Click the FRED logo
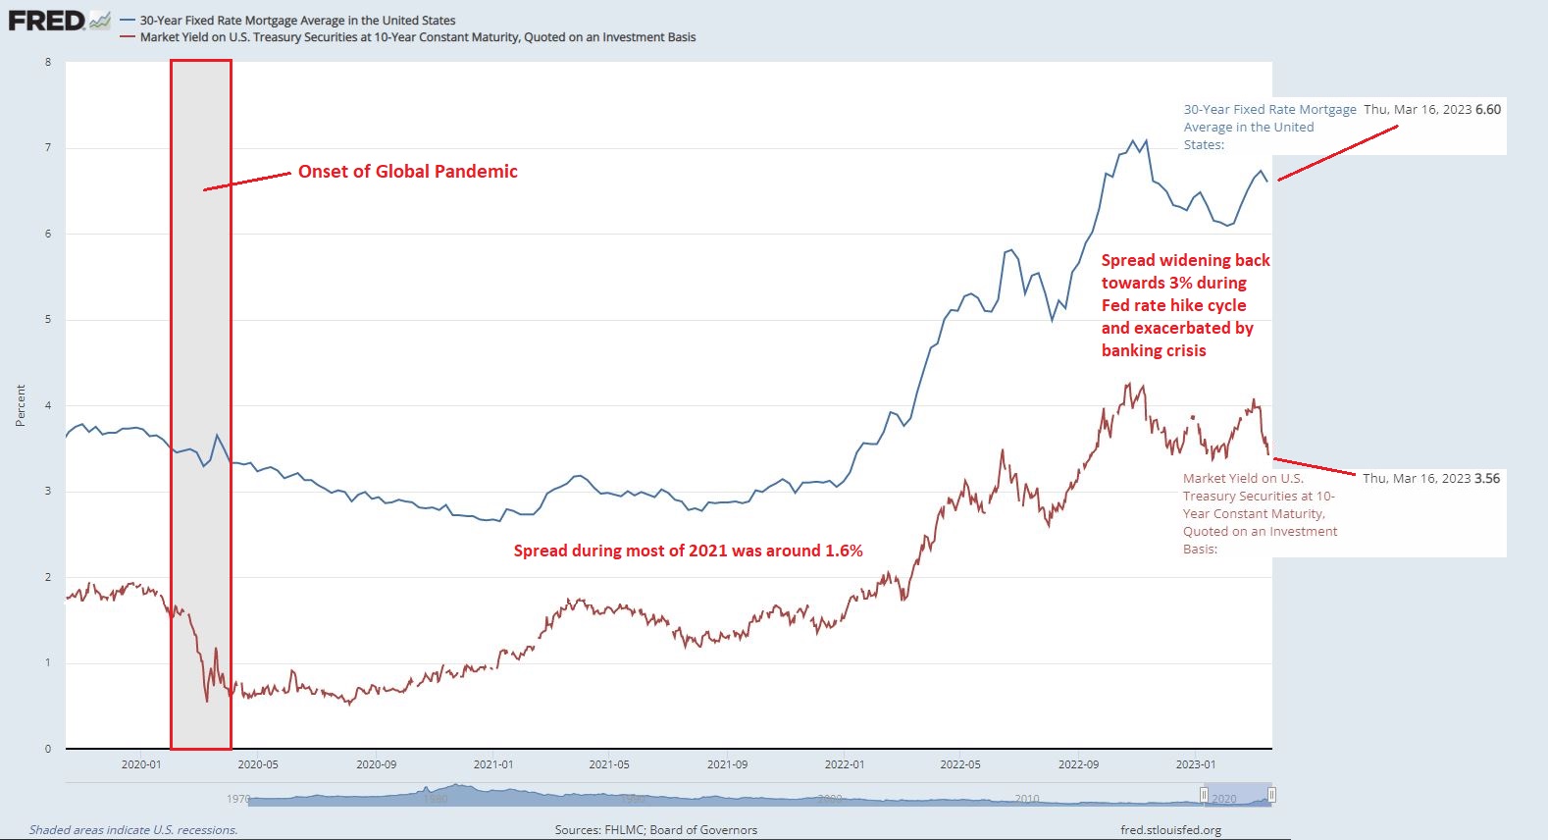[47, 20]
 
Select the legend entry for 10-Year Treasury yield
[417, 37]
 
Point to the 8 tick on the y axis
[48, 62]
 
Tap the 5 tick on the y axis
[48, 320]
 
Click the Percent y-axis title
[21, 405]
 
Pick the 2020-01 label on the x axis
[141, 764]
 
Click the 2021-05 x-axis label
[609, 764]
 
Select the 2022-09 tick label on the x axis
[1078, 764]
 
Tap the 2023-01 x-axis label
[1195, 764]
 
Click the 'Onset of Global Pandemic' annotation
[407, 172]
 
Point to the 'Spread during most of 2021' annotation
[688, 551]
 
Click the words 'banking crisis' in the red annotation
[1154, 350]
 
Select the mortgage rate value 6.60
[1488, 109]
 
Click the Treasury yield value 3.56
[1487, 478]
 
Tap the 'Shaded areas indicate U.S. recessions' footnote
[133, 830]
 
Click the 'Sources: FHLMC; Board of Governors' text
[655, 830]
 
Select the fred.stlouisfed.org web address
[1170, 830]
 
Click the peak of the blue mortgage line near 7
[1133, 140]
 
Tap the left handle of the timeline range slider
[1204, 795]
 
